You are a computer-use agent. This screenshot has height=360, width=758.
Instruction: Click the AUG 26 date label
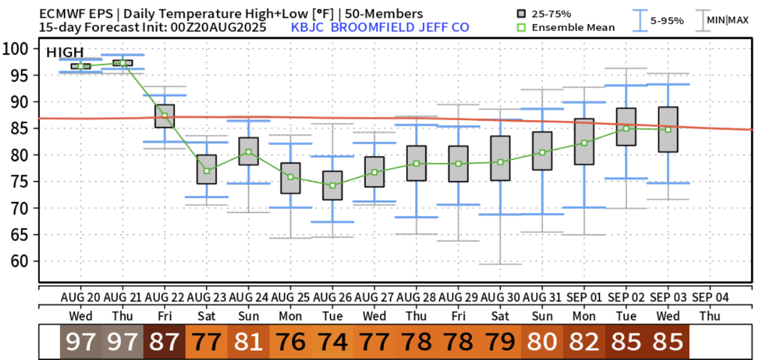[333, 297]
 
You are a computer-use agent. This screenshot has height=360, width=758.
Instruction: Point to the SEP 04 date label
[710, 297]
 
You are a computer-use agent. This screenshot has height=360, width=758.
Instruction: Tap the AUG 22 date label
[165, 297]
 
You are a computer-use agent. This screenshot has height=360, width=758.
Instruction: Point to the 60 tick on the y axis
[19, 261]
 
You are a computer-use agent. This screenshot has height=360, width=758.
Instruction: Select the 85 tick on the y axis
[19, 128]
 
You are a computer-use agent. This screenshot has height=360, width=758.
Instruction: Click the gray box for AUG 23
[206, 169]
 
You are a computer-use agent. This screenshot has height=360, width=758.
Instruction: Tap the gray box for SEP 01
[584, 141]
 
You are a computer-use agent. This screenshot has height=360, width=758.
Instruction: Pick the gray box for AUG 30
[500, 158]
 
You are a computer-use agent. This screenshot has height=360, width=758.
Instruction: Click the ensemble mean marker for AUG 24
[249, 152]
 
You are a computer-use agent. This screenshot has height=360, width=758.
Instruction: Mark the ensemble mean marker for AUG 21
[123, 63]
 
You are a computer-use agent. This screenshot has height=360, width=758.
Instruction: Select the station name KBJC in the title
[307, 27]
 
